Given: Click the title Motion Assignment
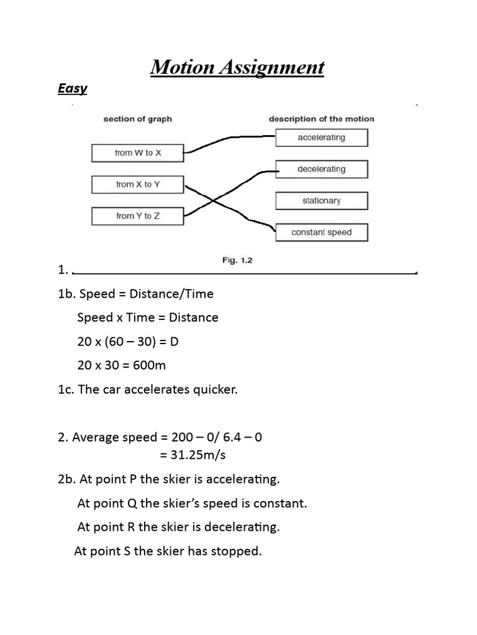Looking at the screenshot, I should (237, 67).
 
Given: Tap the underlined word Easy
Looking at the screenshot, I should (72, 89).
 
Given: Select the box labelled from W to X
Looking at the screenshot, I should (137, 153).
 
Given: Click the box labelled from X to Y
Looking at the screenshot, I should (137, 184).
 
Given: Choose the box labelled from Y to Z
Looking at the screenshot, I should (137, 216).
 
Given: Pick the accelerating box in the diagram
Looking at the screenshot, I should (321, 137).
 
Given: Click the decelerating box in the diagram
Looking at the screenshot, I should (321, 169).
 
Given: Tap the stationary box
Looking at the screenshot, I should (321, 200).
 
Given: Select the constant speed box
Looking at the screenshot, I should (321, 232).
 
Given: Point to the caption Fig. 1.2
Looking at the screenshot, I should (237, 260).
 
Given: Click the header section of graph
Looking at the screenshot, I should (137, 118).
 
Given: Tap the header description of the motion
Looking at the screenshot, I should (321, 118).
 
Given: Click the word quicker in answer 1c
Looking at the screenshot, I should (216, 390).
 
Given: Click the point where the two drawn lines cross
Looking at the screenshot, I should (213, 200).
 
